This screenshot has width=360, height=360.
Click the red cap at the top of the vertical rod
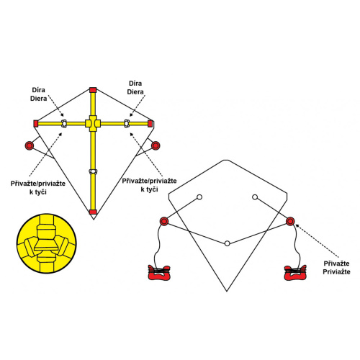click(x=93, y=90)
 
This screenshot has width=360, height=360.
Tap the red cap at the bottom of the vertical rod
click(x=93, y=212)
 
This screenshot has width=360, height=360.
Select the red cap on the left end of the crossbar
click(x=36, y=124)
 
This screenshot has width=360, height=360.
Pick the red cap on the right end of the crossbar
click(x=150, y=124)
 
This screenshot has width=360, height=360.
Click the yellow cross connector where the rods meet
click(x=93, y=123)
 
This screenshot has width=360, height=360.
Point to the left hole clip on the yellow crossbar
click(x=64, y=123)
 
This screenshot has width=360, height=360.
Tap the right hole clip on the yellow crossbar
click(x=127, y=123)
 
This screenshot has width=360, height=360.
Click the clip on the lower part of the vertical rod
click(x=93, y=171)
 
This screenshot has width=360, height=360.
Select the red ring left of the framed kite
click(x=30, y=145)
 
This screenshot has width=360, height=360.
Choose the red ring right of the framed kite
click(x=156, y=145)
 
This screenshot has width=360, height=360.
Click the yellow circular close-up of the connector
click(x=47, y=243)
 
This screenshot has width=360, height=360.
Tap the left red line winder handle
click(x=159, y=273)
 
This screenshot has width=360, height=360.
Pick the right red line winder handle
click(x=295, y=273)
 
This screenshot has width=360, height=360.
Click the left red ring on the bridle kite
click(x=164, y=221)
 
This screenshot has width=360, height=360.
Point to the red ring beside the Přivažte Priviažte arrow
click(x=290, y=221)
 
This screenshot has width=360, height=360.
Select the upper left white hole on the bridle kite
click(x=199, y=197)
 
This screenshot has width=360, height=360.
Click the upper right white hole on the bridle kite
click(x=255, y=197)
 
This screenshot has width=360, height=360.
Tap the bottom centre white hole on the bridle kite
click(x=227, y=243)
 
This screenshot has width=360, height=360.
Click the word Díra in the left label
click(x=38, y=90)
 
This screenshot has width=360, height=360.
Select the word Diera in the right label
click(x=135, y=92)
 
